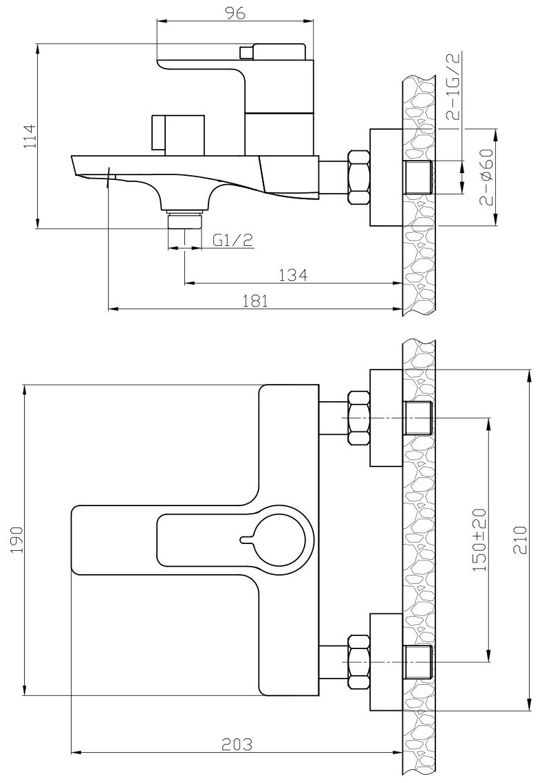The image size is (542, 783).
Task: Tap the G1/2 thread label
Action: pyautogui.click(x=233, y=240)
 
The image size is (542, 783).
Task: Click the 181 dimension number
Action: pyautogui.click(x=254, y=301)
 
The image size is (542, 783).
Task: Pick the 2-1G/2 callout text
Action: pyautogui.click(x=455, y=89)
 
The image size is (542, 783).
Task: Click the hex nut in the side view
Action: pyautogui.click(x=359, y=177)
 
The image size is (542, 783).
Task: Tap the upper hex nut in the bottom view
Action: pyautogui.click(x=359, y=418)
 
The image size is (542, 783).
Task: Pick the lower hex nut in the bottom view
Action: pyautogui.click(x=359, y=661)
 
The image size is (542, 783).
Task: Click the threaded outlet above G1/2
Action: pyautogui.click(x=184, y=222)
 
